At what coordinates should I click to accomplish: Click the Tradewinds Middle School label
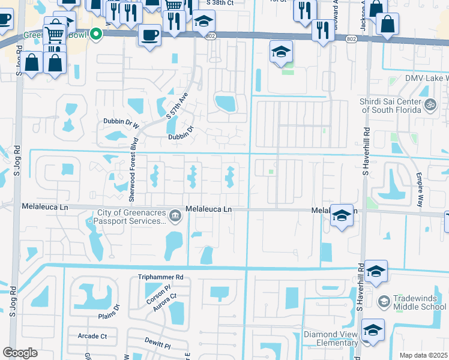click(420, 302)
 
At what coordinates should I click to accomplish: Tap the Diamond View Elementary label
click(330, 334)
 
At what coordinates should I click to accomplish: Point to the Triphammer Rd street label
click(160, 277)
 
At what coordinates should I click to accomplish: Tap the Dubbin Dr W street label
click(119, 126)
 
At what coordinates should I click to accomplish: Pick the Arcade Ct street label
click(92, 336)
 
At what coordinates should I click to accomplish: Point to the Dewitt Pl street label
click(158, 347)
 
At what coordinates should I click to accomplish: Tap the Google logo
click(20, 353)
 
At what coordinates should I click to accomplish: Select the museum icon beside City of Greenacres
click(175, 214)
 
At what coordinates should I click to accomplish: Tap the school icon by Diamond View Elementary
click(373, 329)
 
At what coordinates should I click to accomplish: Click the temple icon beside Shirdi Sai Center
click(430, 106)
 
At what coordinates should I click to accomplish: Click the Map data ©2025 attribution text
click(424, 355)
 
